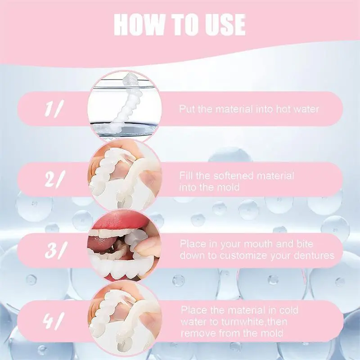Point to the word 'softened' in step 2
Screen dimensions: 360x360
click(234, 176)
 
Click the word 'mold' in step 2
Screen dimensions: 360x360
click(228, 187)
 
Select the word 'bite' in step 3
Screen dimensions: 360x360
click(305, 243)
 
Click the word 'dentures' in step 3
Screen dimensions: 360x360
click(314, 255)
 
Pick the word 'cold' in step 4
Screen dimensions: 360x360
click(288, 310)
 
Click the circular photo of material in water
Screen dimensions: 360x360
click(125, 106)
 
